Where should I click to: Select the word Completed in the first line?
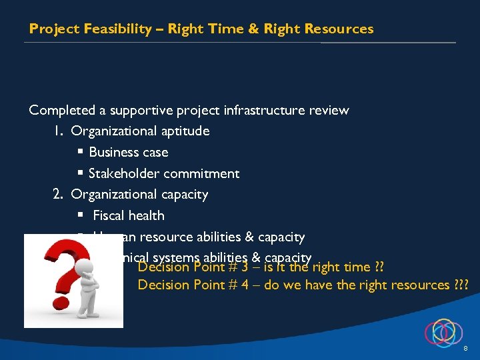(61, 110)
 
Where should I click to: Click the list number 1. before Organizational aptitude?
(58, 131)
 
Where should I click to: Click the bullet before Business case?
(79, 152)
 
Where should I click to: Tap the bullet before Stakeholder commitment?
(79, 173)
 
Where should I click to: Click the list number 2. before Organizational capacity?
(59, 195)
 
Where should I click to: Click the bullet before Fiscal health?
(79, 215)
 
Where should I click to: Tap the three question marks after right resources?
(461, 285)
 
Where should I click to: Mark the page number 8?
(465, 349)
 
